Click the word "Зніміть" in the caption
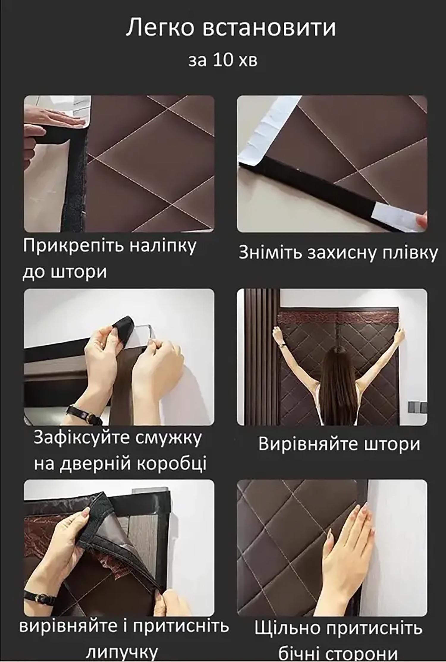coord(270,253)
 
